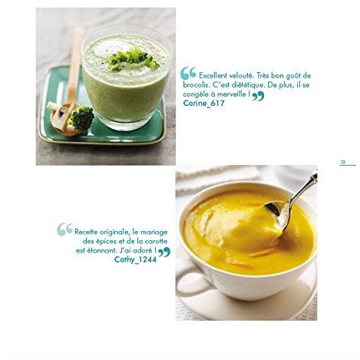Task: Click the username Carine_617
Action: point(203,104)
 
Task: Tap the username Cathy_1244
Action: point(135,259)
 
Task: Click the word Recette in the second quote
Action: point(86,232)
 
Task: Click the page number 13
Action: point(343,162)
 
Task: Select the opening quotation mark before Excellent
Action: point(188,73)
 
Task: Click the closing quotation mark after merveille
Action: point(258,97)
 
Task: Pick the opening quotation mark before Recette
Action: point(64,229)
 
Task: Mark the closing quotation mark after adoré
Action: point(164,253)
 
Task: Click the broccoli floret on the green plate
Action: point(81,119)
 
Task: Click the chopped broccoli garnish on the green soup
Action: point(131,60)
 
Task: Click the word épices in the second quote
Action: point(106,242)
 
